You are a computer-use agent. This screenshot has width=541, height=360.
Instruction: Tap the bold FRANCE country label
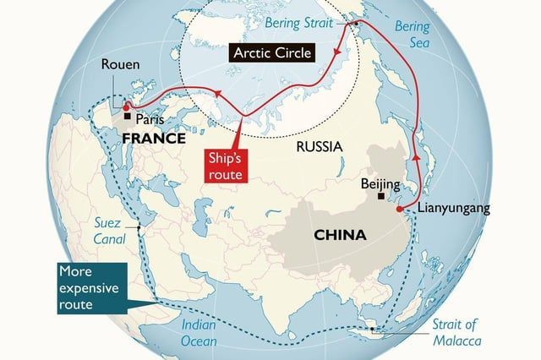(152, 137)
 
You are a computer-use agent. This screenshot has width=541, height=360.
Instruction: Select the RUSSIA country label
(319, 147)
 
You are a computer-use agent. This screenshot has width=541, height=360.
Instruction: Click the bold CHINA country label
(340, 235)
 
